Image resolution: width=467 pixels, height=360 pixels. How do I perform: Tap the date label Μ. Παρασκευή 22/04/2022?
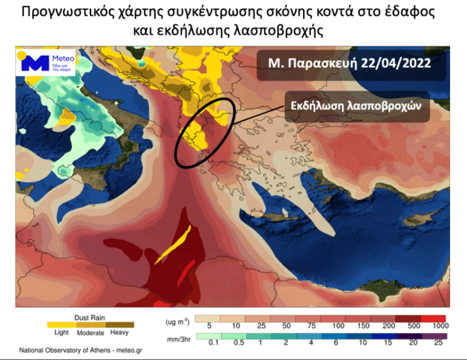tap(349, 63)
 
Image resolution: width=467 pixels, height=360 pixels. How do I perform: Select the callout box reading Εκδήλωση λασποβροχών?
tap(356, 105)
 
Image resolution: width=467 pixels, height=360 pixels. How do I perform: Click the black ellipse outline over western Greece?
tap(181, 154)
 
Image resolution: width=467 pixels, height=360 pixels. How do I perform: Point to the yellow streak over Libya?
tap(174, 245)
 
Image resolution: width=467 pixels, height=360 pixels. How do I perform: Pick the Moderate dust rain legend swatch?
tap(91, 324)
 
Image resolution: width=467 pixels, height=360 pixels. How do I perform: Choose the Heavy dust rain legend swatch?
tap(120, 324)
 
